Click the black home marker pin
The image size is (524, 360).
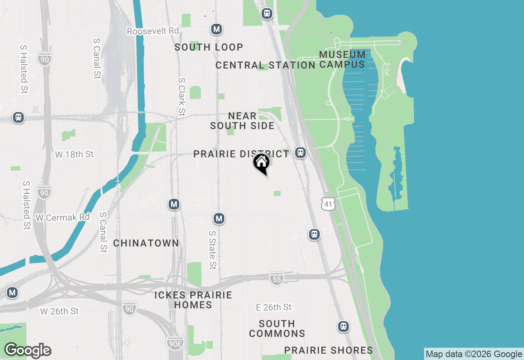click(261, 164)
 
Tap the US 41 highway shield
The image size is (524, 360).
click(328, 203)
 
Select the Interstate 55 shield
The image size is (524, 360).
click(277, 278)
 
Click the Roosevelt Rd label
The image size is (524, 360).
click(153, 31)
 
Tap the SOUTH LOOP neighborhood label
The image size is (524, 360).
click(209, 47)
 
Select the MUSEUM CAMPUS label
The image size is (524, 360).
click(342, 59)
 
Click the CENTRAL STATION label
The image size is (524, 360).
click(265, 65)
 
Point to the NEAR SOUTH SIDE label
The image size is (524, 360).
click(242, 121)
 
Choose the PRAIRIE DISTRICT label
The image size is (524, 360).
click(241, 154)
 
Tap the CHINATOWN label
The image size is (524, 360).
click(146, 243)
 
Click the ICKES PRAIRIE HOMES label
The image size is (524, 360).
click(193, 300)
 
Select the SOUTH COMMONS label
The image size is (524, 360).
click(277, 328)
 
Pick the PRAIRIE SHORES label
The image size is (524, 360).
click(329, 350)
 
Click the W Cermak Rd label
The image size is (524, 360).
click(63, 217)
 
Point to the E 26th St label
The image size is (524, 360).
click(274, 307)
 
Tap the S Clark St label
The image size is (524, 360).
click(182, 97)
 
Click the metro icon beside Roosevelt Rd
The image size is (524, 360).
click(217, 29)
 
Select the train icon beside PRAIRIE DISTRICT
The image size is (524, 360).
click(300, 153)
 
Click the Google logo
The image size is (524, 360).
click(27, 351)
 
